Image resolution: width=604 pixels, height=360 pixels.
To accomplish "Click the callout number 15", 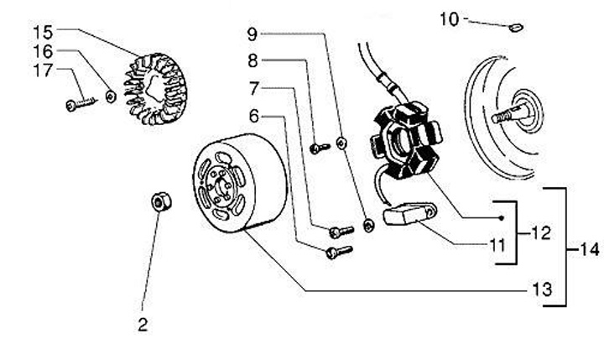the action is point(43,32).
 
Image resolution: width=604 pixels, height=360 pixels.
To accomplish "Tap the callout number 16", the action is point(43,51).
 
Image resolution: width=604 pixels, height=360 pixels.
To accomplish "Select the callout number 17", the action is point(43,70).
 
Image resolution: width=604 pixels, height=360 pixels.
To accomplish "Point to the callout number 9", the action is point(253,34).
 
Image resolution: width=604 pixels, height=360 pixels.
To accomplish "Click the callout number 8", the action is point(253,60).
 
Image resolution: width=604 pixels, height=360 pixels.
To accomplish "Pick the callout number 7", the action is point(253,87).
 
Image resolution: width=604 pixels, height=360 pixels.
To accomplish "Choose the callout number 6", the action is point(253,115).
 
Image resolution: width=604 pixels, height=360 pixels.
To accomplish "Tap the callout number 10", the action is point(450,18).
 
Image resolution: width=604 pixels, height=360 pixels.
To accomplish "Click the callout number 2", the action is point(143,324).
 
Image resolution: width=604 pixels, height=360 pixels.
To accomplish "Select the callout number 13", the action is point(543,290).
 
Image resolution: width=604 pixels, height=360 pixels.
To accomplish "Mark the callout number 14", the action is point(590,249).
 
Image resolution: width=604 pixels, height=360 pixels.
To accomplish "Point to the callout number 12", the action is point(542,232).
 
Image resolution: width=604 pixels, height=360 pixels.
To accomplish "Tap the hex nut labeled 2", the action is point(159,202).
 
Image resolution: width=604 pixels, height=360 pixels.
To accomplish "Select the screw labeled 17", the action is point(78,105).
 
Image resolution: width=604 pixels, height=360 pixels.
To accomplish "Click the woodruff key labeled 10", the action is point(517,26).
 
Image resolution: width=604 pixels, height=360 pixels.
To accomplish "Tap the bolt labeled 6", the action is point(337,250).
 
